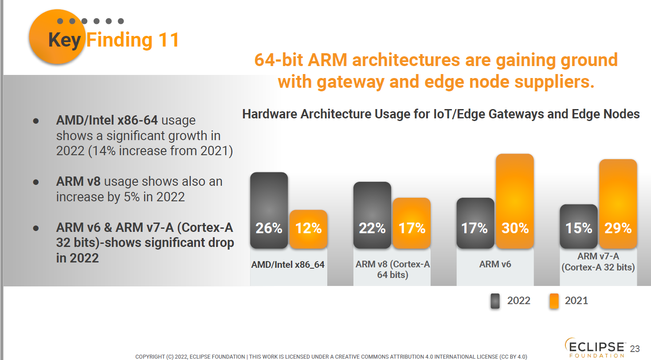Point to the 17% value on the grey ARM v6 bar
pos(475,228)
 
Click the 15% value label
pos(578,228)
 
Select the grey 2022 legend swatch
pos(495,301)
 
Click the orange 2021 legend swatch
pos(554,301)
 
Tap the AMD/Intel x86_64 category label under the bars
pos(288,265)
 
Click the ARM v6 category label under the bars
pos(495,265)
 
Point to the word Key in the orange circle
pos(65,40)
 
